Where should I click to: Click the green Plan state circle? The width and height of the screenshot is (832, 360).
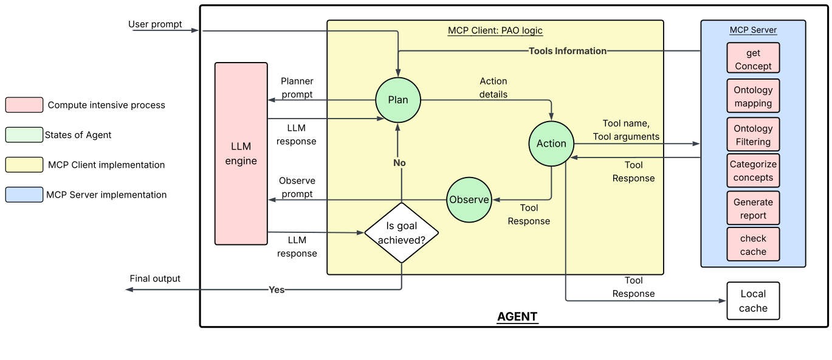(398, 100)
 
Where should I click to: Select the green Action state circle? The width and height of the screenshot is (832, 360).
(551, 144)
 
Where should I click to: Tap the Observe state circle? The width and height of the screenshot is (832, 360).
(469, 200)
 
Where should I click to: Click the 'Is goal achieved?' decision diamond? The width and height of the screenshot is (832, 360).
(401, 233)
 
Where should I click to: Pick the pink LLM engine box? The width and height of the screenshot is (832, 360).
(241, 154)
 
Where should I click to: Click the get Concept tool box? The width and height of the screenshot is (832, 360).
(753, 59)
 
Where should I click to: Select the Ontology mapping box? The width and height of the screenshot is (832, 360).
(753, 96)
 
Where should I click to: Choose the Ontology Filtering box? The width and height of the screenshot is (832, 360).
(753, 134)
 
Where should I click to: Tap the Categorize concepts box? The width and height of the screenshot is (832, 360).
(753, 171)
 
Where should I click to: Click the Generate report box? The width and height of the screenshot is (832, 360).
(753, 209)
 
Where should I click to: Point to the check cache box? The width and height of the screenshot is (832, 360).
(753, 244)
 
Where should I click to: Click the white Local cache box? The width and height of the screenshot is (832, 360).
(753, 301)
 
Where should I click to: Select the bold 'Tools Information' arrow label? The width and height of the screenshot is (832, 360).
(568, 51)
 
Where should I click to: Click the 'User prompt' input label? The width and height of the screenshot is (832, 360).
(155, 24)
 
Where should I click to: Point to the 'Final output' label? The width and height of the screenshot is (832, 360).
(155, 279)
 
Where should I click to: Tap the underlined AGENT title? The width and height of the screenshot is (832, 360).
(517, 316)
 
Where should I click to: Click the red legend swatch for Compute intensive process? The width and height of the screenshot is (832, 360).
(24, 105)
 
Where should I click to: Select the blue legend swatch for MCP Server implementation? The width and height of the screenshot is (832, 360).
(24, 195)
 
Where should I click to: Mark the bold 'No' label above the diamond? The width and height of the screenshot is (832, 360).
(399, 163)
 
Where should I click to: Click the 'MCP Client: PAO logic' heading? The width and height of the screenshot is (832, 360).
(495, 30)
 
